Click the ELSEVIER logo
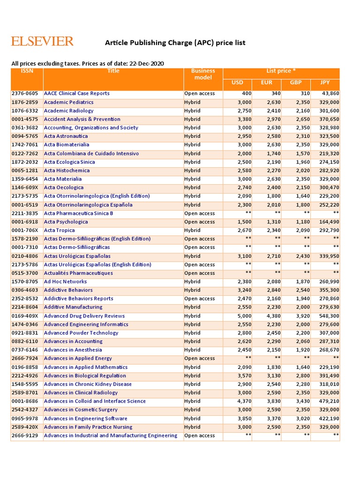(x=42, y=41)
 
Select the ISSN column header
(x=27, y=71)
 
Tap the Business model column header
(x=203, y=75)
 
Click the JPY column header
(x=325, y=83)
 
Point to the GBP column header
(x=296, y=83)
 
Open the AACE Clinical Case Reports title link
(x=76, y=93)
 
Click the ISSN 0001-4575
(x=26, y=119)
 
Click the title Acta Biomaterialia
(x=66, y=144)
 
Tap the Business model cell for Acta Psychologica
(x=199, y=222)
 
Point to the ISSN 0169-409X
(x=26, y=316)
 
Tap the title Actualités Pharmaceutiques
(x=78, y=273)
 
